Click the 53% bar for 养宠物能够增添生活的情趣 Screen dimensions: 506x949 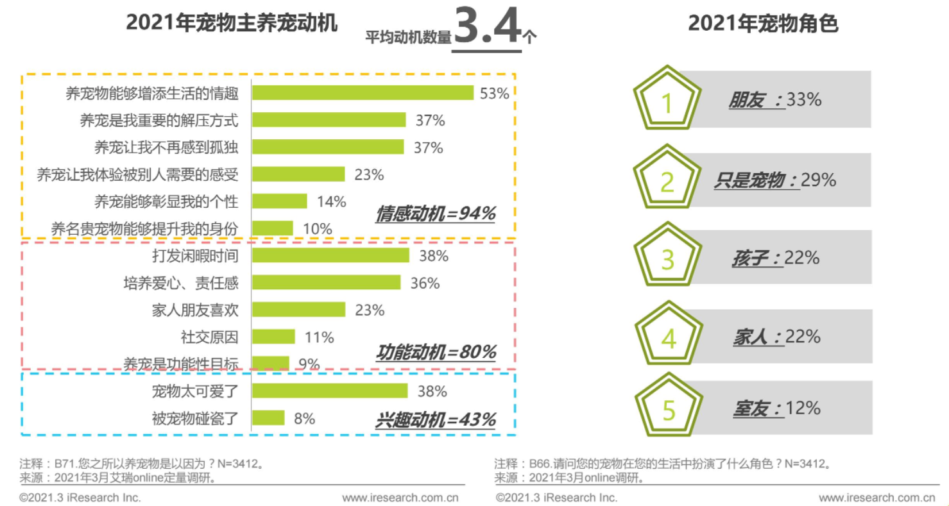pos(363,93)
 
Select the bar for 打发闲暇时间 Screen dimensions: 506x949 pos(330,256)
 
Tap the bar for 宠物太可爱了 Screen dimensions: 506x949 pos(330,391)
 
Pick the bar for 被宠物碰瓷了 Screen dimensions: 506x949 pos(268,419)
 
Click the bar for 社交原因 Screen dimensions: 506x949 pos(273,337)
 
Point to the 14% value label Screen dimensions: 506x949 pos(331,201)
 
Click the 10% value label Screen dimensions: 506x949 pos(317,229)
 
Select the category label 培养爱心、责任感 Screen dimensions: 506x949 pos(180,283)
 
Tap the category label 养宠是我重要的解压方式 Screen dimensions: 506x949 pos(158,120)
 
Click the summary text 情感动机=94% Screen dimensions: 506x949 pos(436,214)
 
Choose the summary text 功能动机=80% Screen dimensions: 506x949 pos(436,352)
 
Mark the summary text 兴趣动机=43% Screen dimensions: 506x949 pos(436,420)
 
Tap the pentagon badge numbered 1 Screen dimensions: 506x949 pos(667,101)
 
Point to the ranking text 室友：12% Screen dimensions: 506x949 pos(776,408)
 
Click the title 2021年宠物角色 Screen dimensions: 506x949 pos(763,23)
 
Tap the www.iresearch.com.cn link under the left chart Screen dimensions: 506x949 pos(400,498)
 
